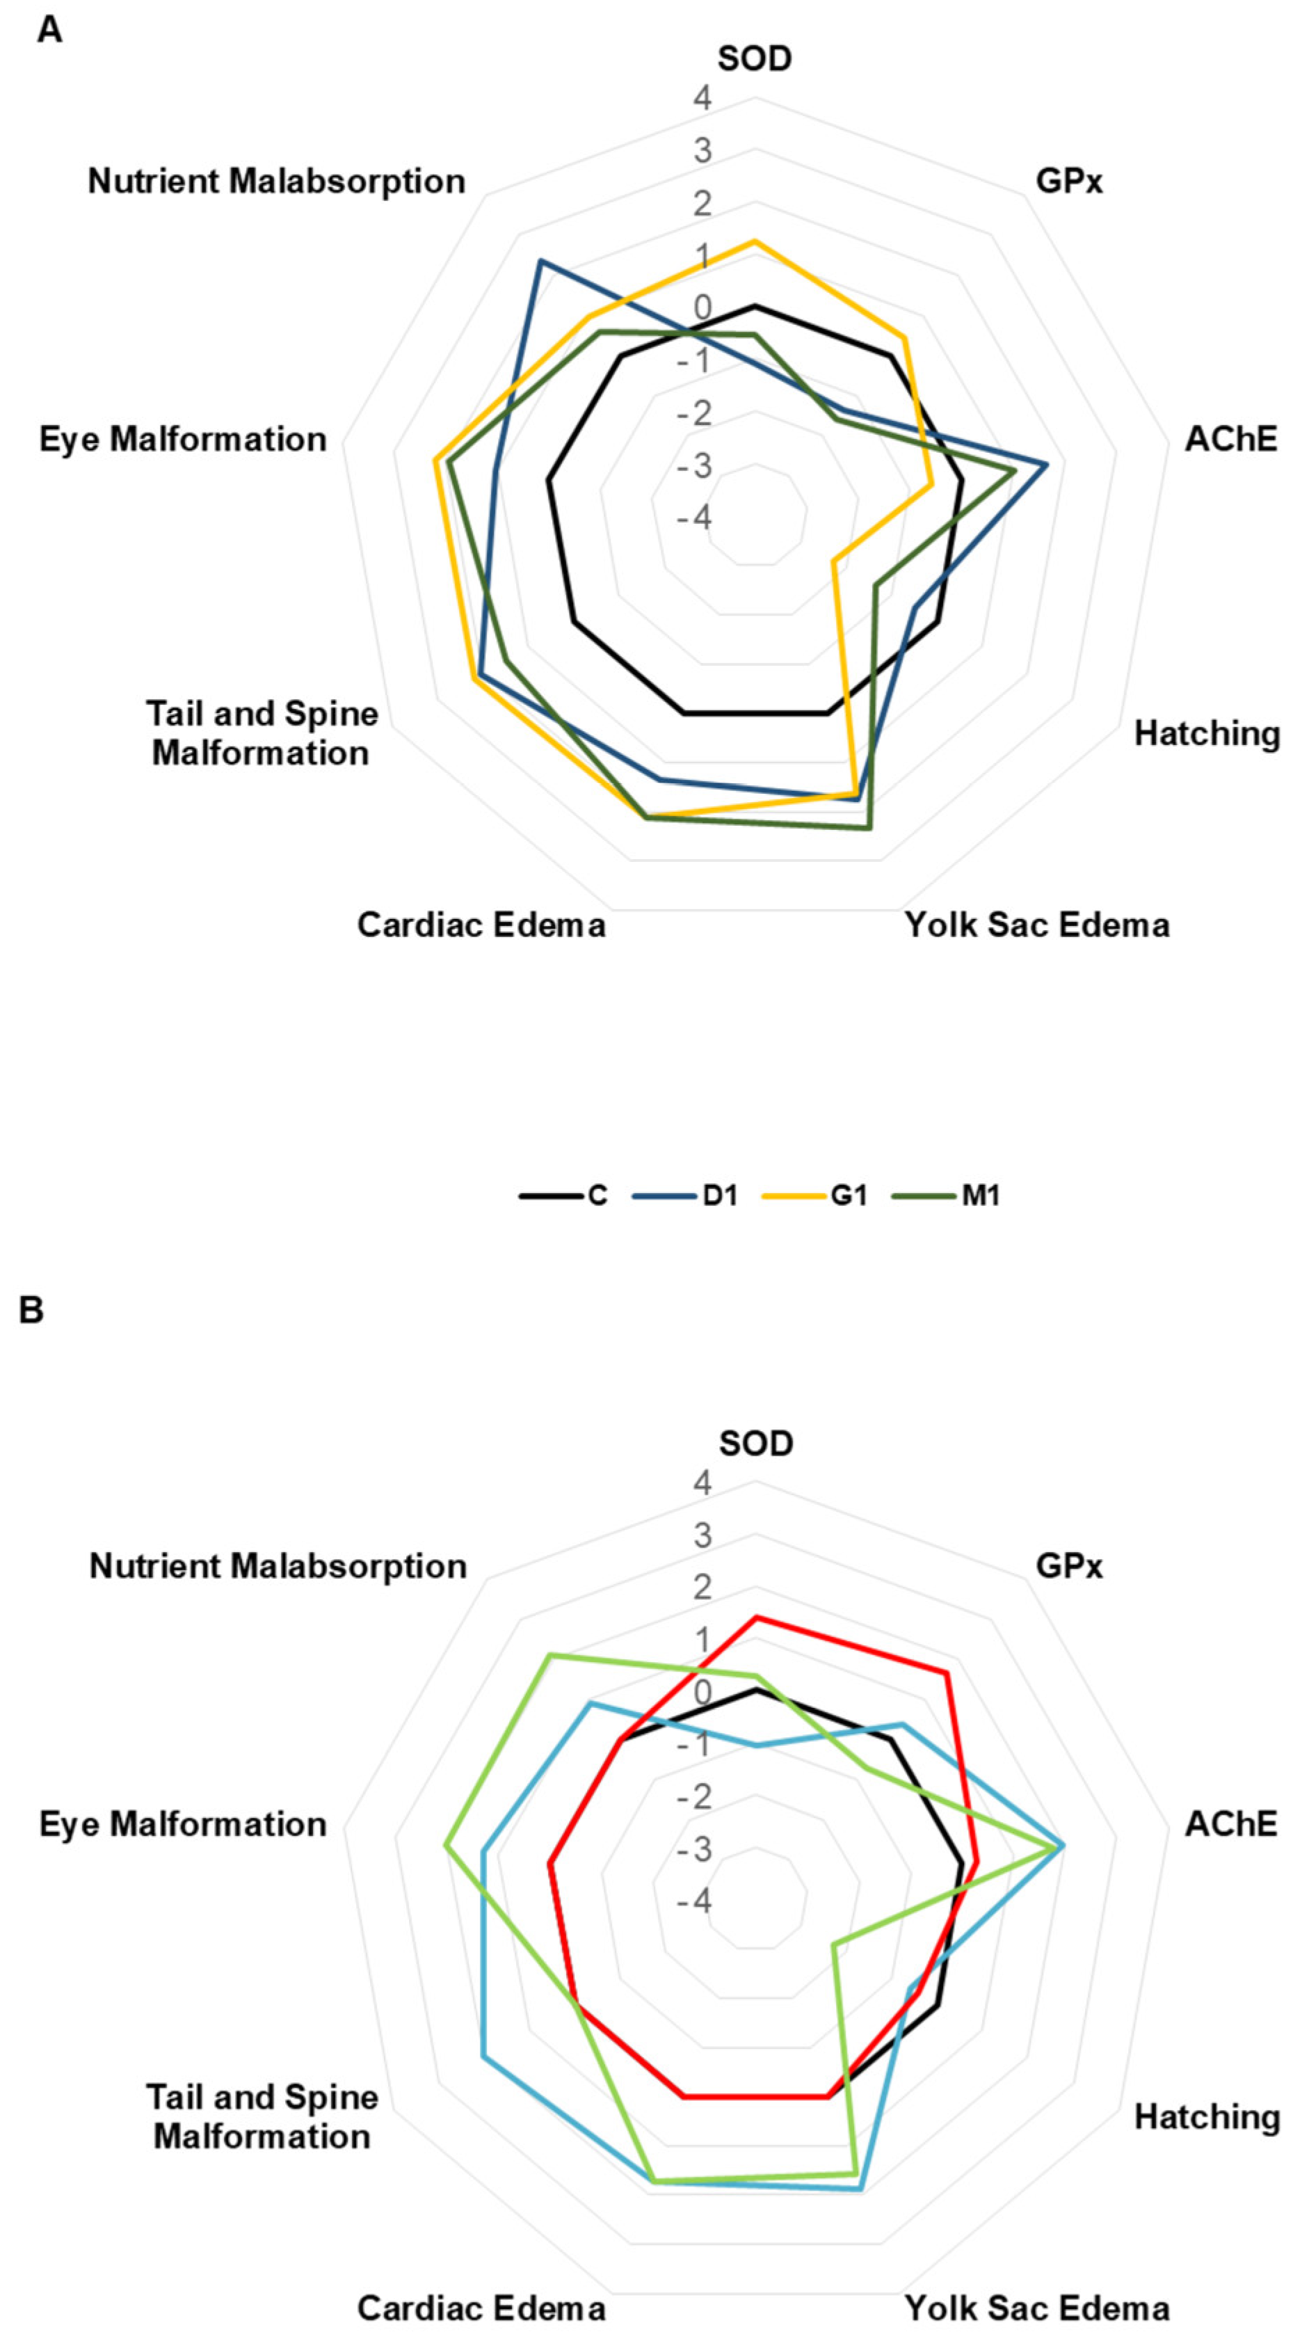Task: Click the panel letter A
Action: (x=50, y=30)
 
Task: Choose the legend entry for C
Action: (x=563, y=1195)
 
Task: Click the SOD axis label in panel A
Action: (x=754, y=58)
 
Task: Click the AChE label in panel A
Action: (x=1231, y=439)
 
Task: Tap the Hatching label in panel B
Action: (x=1207, y=2116)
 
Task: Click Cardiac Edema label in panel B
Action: (x=481, y=2308)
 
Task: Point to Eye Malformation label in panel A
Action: (x=183, y=439)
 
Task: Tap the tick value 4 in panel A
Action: (x=702, y=98)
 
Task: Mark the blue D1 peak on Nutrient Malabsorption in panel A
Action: (x=540, y=261)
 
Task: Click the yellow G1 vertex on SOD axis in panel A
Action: (x=754, y=241)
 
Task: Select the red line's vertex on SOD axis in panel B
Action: (x=754, y=1617)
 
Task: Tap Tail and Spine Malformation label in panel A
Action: (x=262, y=733)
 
